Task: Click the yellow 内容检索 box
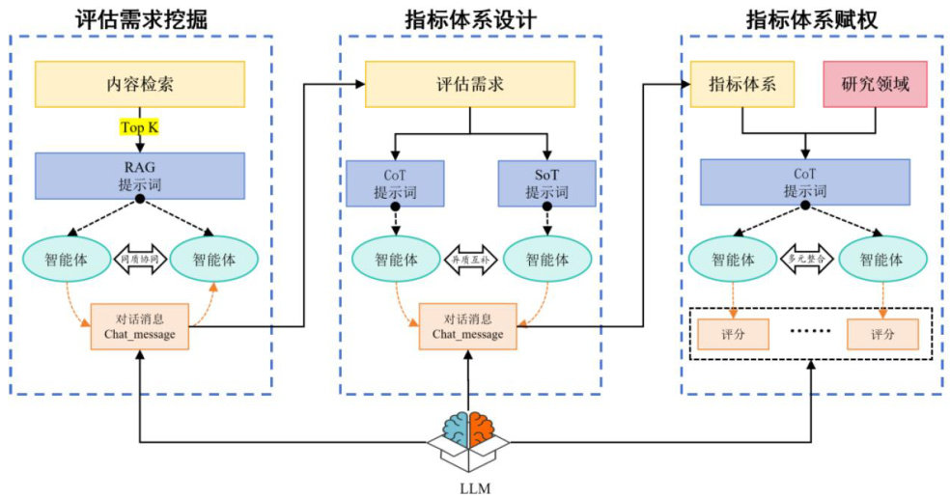[x=140, y=84]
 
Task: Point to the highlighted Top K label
[x=140, y=127]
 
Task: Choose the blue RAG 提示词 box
[x=140, y=175]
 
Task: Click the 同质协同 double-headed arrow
[x=140, y=260]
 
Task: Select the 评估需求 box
[x=470, y=84]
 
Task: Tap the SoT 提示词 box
[x=546, y=182]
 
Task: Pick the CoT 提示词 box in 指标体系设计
[x=394, y=182]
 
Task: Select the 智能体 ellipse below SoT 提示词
[x=546, y=260]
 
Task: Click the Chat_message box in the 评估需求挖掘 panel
[x=140, y=326]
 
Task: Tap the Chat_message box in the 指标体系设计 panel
[x=467, y=326]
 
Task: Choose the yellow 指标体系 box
[x=741, y=84]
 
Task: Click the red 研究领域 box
[x=876, y=84]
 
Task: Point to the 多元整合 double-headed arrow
[x=809, y=260]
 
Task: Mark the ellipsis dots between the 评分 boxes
[x=808, y=334]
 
